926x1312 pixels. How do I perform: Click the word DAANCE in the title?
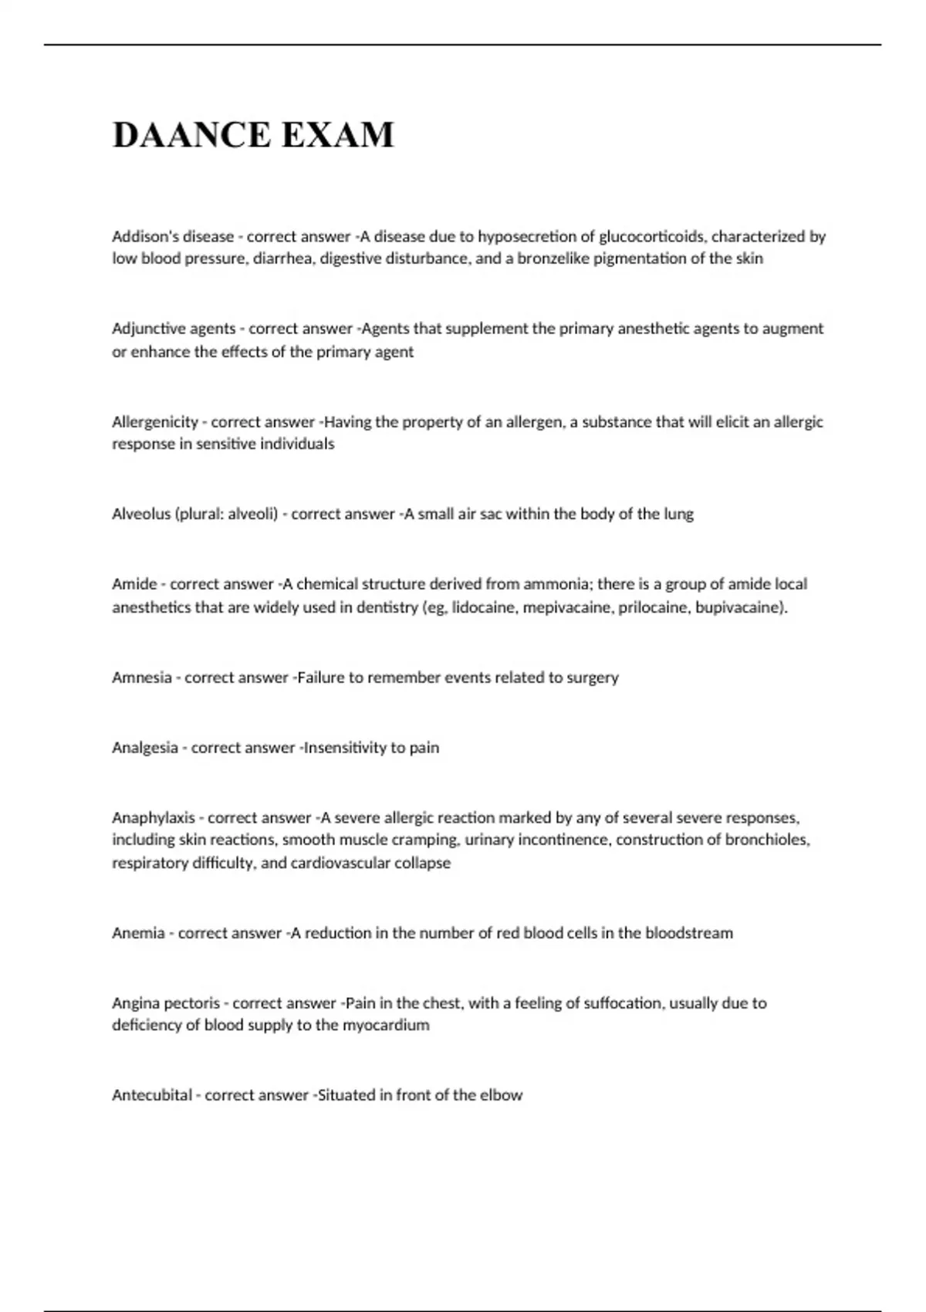(191, 134)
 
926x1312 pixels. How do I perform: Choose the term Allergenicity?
(155, 422)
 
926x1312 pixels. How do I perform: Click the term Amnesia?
(142, 678)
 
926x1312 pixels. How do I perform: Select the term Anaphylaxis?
(154, 817)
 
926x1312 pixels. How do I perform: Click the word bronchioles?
(767, 840)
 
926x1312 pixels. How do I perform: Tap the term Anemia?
(138, 933)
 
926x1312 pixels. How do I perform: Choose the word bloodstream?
(688, 933)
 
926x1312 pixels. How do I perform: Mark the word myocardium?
(386, 1026)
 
